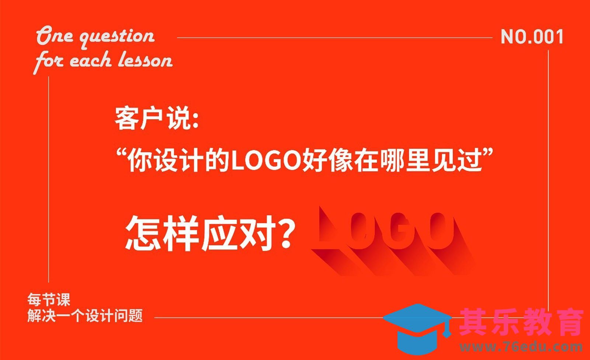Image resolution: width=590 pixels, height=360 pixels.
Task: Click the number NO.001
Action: coord(532,37)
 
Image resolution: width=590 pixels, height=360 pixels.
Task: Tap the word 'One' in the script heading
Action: coord(55,36)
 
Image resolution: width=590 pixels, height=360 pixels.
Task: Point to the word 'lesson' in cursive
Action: coord(145,60)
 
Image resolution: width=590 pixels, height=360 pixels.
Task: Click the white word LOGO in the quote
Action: coord(265,161)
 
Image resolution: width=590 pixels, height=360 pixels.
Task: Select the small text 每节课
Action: coord(48,300)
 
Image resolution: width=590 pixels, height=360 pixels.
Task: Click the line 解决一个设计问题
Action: coord(85,316)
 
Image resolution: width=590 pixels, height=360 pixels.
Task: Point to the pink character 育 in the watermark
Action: coord(568,322)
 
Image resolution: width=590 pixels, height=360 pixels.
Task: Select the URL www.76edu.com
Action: coord(521,346)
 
